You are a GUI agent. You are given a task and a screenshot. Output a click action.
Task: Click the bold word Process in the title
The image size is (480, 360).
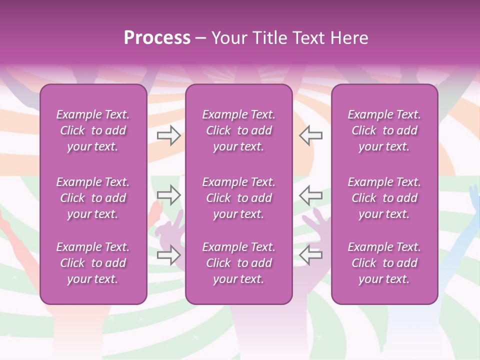coord(157,38)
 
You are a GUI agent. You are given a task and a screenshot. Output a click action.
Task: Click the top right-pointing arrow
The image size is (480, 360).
coord(168,135)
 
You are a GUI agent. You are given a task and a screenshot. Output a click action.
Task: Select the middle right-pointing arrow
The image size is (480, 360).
coord(168,194)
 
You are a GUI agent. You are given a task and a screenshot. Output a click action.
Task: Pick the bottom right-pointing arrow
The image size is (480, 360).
coord(168,255)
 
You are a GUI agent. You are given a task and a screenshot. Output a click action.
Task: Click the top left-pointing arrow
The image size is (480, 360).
coord(310,135)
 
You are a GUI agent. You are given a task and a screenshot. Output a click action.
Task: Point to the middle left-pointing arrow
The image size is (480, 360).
coord(310,194)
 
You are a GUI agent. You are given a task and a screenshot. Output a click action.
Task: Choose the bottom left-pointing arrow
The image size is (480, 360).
coord(310,255)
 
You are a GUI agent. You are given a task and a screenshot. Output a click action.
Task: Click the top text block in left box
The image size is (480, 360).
coord(93,130)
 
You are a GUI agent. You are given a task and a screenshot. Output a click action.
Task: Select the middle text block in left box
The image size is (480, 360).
coord(93,198)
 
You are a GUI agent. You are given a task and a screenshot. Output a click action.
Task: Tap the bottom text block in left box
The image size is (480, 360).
coord(93,263)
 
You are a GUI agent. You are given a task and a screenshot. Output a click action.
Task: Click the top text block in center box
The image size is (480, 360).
coord(238,130)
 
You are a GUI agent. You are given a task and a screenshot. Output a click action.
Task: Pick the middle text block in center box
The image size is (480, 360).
coord(238,198)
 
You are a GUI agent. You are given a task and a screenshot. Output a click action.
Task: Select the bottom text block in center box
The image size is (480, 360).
coord(238,263)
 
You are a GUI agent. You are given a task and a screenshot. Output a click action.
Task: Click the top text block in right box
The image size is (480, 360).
coord(384,130)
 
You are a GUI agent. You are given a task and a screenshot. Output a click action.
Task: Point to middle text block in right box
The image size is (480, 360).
coord(384,198)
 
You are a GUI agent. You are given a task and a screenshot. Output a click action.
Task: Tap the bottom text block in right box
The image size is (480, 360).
coord(384,263)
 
